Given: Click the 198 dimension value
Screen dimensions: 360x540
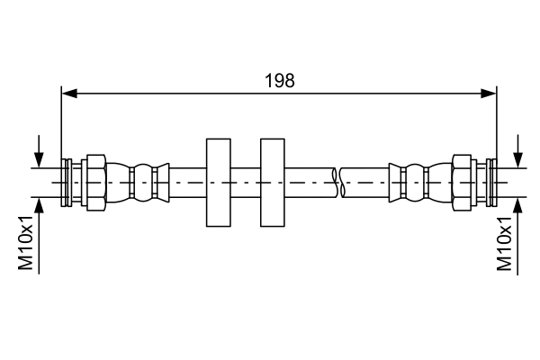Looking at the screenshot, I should pos(280,81).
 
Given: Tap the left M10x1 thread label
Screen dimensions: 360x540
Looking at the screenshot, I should pos(26,242).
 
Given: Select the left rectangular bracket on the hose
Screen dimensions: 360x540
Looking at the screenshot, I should pos(219,183).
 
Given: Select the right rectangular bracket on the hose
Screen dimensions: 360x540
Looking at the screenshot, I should pos(273,183).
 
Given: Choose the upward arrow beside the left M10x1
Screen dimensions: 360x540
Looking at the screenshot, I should pos(39,225).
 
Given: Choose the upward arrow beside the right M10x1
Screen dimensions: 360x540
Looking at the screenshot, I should pos(519,225).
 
